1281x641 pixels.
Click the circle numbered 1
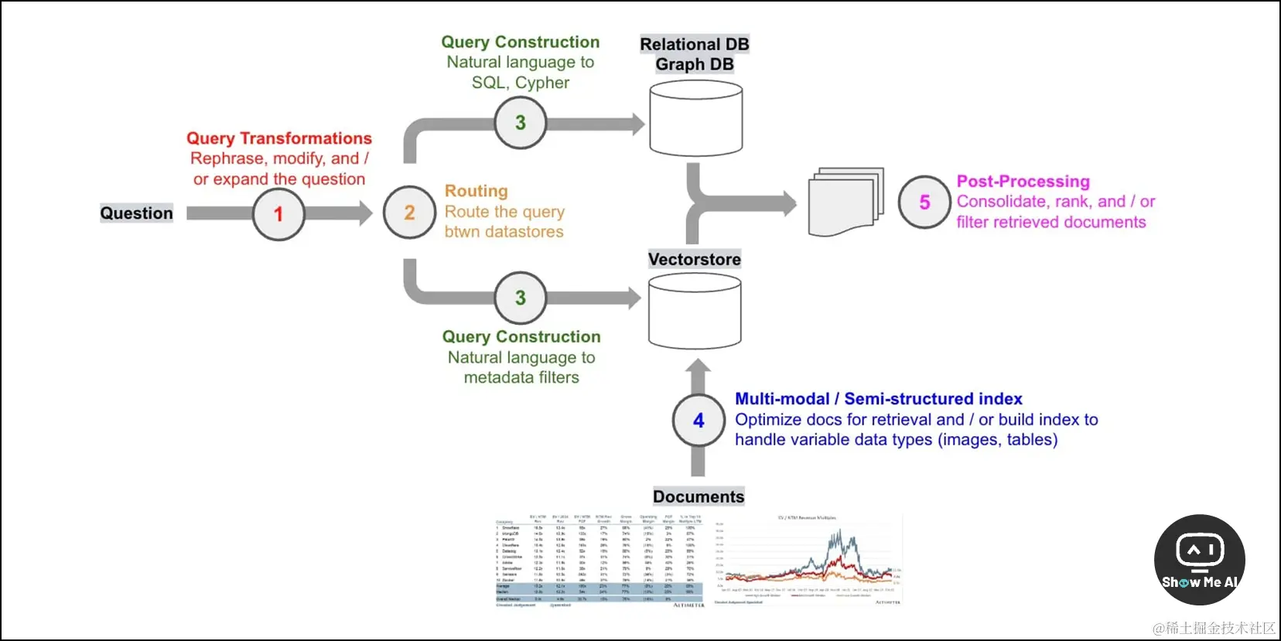pos(278,214)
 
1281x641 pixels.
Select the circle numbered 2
pos(409,213)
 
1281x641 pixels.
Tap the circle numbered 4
pos(699,420)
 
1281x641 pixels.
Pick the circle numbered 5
pos(924,202)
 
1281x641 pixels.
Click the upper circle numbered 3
pos(521,122)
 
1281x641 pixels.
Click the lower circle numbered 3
pos(521,298)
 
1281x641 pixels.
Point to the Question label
pos(137,213)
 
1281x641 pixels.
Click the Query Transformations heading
pos(279,138)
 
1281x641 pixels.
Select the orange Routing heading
pos(477,191)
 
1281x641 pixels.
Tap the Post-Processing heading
pos(1023,182)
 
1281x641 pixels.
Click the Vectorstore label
pos(695,260)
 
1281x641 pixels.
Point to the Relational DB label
pos(695,45)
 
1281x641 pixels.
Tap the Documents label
pos(699,496)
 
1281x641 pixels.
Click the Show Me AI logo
pos(1199,560)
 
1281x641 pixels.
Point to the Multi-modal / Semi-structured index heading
pos(879,399)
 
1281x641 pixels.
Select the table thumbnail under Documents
pos(600,561)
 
